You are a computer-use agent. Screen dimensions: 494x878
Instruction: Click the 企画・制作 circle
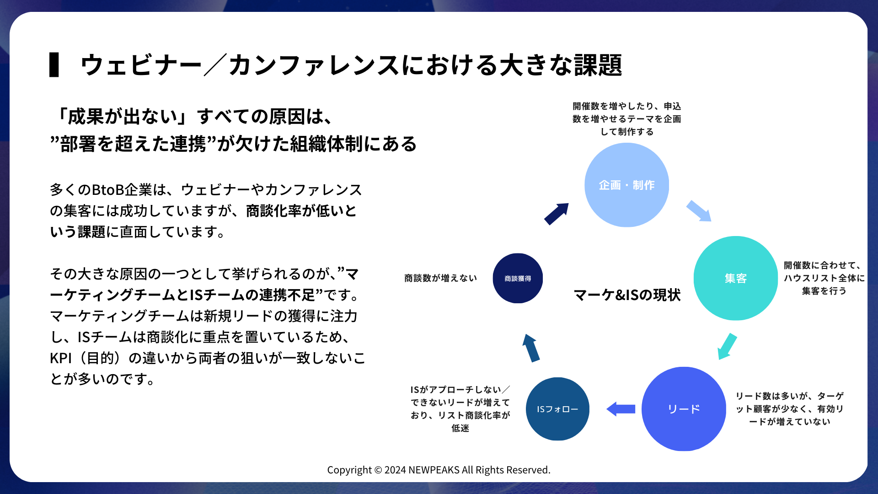click(626, 185)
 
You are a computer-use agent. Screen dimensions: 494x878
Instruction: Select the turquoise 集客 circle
click(735, 278)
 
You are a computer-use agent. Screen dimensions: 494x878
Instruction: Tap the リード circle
click(684, 409)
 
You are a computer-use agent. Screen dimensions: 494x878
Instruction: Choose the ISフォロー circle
click(557, 409)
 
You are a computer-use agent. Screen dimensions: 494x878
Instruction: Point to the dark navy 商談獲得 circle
click(518, 278)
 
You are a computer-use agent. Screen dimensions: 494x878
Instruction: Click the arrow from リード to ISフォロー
click(621, 409)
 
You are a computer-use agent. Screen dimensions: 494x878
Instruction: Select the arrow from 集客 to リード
click(727, 347)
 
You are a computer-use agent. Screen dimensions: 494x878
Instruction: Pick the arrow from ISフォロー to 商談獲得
click(531, 348)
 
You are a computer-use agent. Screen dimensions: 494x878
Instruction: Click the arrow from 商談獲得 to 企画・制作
click(557, 214)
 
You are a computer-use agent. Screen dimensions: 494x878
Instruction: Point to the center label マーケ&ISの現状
click(627, 295)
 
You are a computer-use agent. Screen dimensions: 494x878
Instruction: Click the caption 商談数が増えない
click(440, 278)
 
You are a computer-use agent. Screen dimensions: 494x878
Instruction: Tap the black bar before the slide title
click(54, 64)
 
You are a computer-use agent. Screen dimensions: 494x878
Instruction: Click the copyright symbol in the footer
click(378, 470)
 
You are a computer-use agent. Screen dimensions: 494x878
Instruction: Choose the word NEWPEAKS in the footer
click(434, 470)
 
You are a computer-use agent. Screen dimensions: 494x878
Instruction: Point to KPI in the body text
click(61, 358)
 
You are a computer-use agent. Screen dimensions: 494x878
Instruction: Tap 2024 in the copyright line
click(395, 470)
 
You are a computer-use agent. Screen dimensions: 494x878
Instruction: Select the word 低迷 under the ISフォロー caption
click(460, 428)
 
